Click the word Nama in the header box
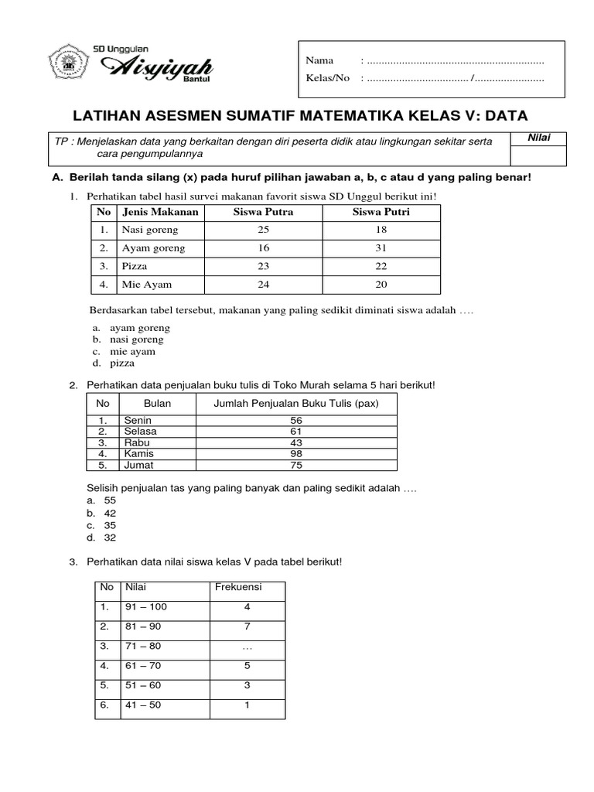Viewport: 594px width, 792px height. (x=319, y=60)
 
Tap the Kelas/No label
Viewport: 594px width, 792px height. (x=328, y=78)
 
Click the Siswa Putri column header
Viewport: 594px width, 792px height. (x=381, y=212)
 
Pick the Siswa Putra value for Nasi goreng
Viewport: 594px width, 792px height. (x=263, y=230)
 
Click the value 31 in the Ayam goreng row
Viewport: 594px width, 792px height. (x=381, y=248)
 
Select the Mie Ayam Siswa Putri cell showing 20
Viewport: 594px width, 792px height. (x=381, y=285)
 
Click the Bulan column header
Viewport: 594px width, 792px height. (x=157, y=404)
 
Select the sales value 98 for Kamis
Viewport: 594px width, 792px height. (x=296, y=454)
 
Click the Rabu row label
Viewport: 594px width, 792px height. (x=135, y=442)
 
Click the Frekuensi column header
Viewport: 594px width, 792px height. (x=237, y=587)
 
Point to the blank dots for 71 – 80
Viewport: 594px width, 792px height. (x=247, y=646)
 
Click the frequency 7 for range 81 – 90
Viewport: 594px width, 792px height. (x=247, y=626)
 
